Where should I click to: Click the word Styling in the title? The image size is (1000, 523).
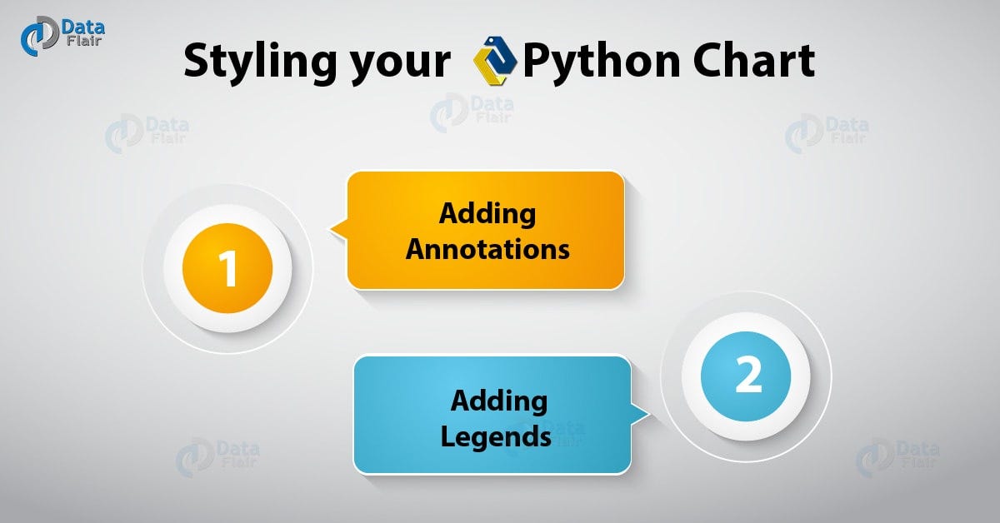click(x=260, y=62)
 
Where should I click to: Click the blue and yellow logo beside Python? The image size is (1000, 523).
click(x=495, y=60)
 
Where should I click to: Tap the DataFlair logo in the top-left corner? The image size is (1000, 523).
click(x=62, y=36)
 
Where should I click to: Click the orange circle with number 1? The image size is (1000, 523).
click(x=227, y=268)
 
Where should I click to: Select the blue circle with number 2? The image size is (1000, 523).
click(x=746, y=376)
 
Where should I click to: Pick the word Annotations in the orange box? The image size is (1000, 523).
click(x=487, y=249)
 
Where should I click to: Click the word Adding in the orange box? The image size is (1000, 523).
click(x=487, y=215)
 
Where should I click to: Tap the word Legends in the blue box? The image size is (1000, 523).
click(x=496, y=437)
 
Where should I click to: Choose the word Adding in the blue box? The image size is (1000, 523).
click(x=499, y=401)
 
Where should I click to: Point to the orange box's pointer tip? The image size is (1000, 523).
click(x=330, y=229)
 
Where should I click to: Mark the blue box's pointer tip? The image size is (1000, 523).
click(x=649, y=415)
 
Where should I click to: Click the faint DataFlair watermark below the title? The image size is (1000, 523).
click(x=472, y=112)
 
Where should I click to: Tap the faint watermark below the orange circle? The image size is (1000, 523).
click(x=217, y=458)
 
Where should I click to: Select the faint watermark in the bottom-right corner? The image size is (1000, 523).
click(x=897, y=457)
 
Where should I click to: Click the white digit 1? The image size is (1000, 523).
click(x=228, y=268)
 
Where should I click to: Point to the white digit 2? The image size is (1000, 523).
click(x=747, y=376)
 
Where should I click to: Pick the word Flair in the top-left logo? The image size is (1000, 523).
click(x=84, y=42)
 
